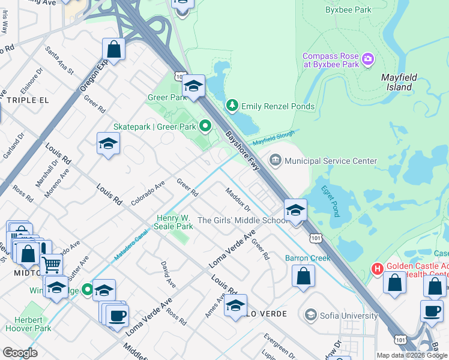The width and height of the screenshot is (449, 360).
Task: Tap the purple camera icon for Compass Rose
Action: (368, 59)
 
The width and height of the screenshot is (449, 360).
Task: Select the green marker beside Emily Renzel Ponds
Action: (232, 106)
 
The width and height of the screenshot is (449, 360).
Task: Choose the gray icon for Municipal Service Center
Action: (276, 160)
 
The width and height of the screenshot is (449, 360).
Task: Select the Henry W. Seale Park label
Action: (175, 222)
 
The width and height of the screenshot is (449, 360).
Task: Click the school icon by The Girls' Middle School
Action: (295, 211)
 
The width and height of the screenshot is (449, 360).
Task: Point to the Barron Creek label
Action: (308, 258)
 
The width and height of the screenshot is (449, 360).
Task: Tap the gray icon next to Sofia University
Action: (310, 315)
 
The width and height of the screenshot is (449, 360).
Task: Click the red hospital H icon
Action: (378, 268)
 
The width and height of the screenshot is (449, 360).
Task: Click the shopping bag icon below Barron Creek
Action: (304, 276)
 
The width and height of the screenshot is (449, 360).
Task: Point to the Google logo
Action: (20, 353)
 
